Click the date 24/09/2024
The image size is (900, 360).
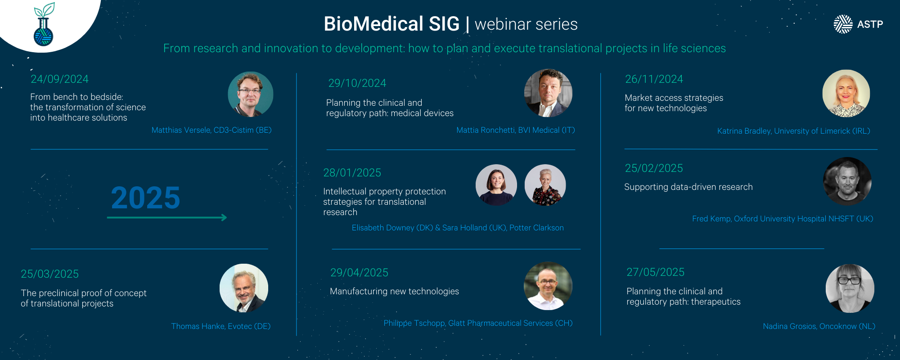(x=59, y=79)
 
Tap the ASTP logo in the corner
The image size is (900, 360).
(x=858, y=24)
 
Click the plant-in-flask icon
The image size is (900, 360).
(x=44, y=24)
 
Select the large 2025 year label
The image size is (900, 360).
(x=145, y=198)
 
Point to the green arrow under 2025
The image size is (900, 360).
(x=167, y=218)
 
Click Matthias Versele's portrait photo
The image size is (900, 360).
(x=251, y=94)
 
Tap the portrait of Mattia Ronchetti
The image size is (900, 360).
(x=548, y=93)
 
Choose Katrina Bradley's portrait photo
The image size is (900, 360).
(x=846, y=94)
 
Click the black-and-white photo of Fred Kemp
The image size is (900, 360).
(x=847, y=181)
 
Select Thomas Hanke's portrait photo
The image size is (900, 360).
(x=244, y=288)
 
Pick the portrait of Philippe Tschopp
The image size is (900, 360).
(x=548, y=286)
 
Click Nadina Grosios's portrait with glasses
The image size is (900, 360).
(x=850, y=288)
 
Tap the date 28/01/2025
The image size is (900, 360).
(x=352, y=173)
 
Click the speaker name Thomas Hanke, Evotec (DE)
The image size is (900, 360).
(x=221, y=326)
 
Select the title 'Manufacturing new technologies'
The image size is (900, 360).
(x=394, y=292)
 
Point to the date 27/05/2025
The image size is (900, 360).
(x=655, y=272)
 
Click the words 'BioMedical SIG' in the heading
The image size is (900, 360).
(x=391, y=24)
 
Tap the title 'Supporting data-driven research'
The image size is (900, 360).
(x=688, y=187)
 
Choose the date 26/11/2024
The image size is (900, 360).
(x=654, y=79)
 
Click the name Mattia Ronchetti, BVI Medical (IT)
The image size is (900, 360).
(x=516, y=130)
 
